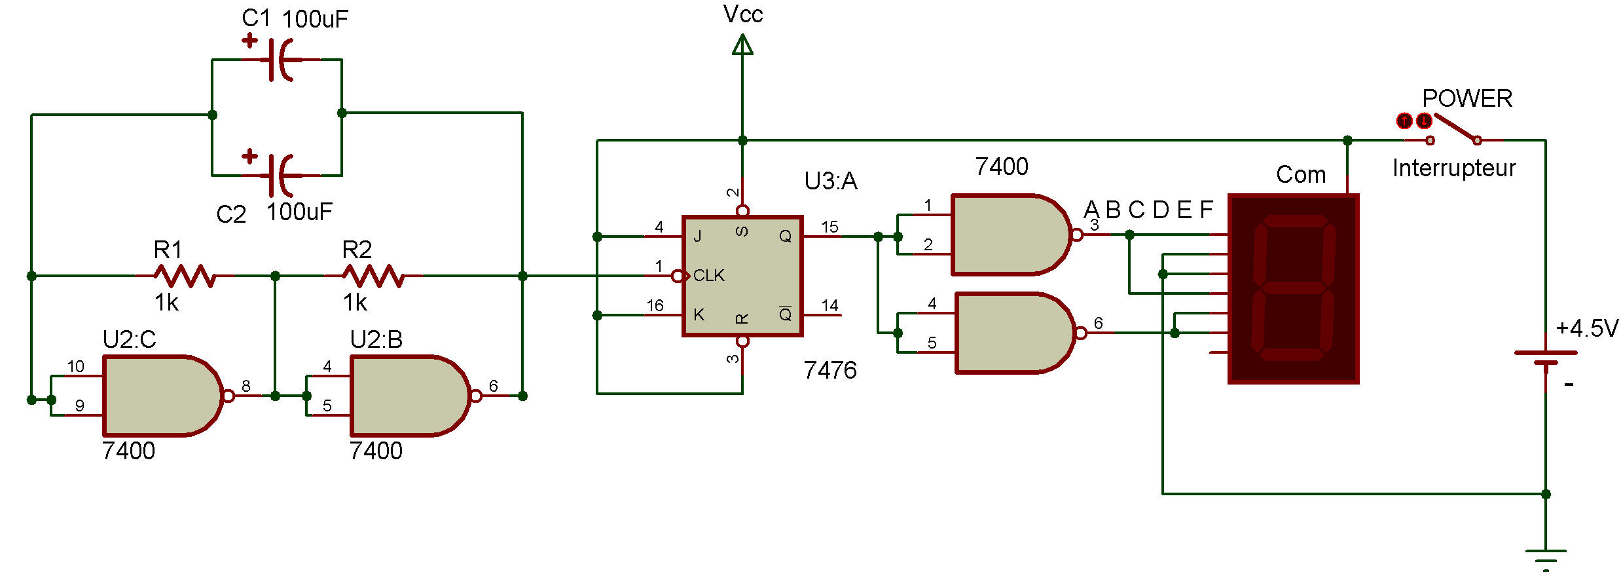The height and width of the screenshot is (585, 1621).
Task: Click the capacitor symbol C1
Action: pyautogui.click(x=282, y=60)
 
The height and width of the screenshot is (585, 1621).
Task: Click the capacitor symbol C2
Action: pyautogui.click(x=282, y=175)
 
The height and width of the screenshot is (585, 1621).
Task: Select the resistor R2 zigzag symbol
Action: pyautogui.click(x=374, y=276)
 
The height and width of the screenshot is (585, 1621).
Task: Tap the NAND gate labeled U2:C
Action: pyautogui.click(x=164, y=396)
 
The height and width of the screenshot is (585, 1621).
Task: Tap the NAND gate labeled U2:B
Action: pyautogui.click(x=411, y=396)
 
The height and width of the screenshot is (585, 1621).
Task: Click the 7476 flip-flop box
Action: pyautogui.click(x=742, y=276)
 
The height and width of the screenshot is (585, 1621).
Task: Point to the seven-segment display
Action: pyautogui.click(x=1293, y=288)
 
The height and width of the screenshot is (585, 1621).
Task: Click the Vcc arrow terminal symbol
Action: pyautogui.click(x=742, y=45)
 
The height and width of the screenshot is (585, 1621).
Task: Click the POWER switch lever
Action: pyautogui.click(x=1455, y=128)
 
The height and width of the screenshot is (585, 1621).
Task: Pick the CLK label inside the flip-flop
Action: pyautogui.click(x=709, y=276)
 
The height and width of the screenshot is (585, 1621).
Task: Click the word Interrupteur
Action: pyautogui.click(x=1454, y=168)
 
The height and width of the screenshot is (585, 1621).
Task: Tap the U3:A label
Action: pyautogui.click(x=831, y=181)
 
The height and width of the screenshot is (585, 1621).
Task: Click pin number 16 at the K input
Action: pyautogui.click(x=655, y=306)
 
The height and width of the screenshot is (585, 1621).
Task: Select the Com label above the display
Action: pyautogui.click(x=1301, y=175)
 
